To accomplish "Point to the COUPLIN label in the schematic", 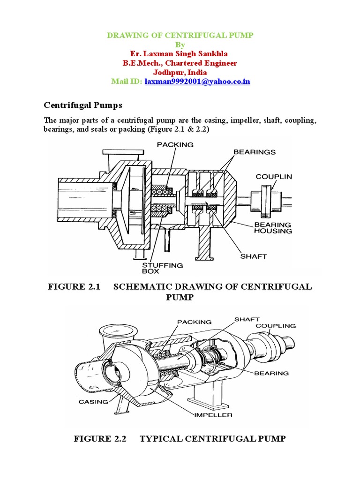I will [274, 177].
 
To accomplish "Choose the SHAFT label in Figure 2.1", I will [253, 256].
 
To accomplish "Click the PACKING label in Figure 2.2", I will [194, 322].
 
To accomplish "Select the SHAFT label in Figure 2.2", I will [247, 319].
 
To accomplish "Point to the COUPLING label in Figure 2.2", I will [276, 325].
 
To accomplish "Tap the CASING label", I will [93, 402].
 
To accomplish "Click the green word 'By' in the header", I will [180, 45].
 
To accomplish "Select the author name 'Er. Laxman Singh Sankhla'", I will [180, 54].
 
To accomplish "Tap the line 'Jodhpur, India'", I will [180, 72].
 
